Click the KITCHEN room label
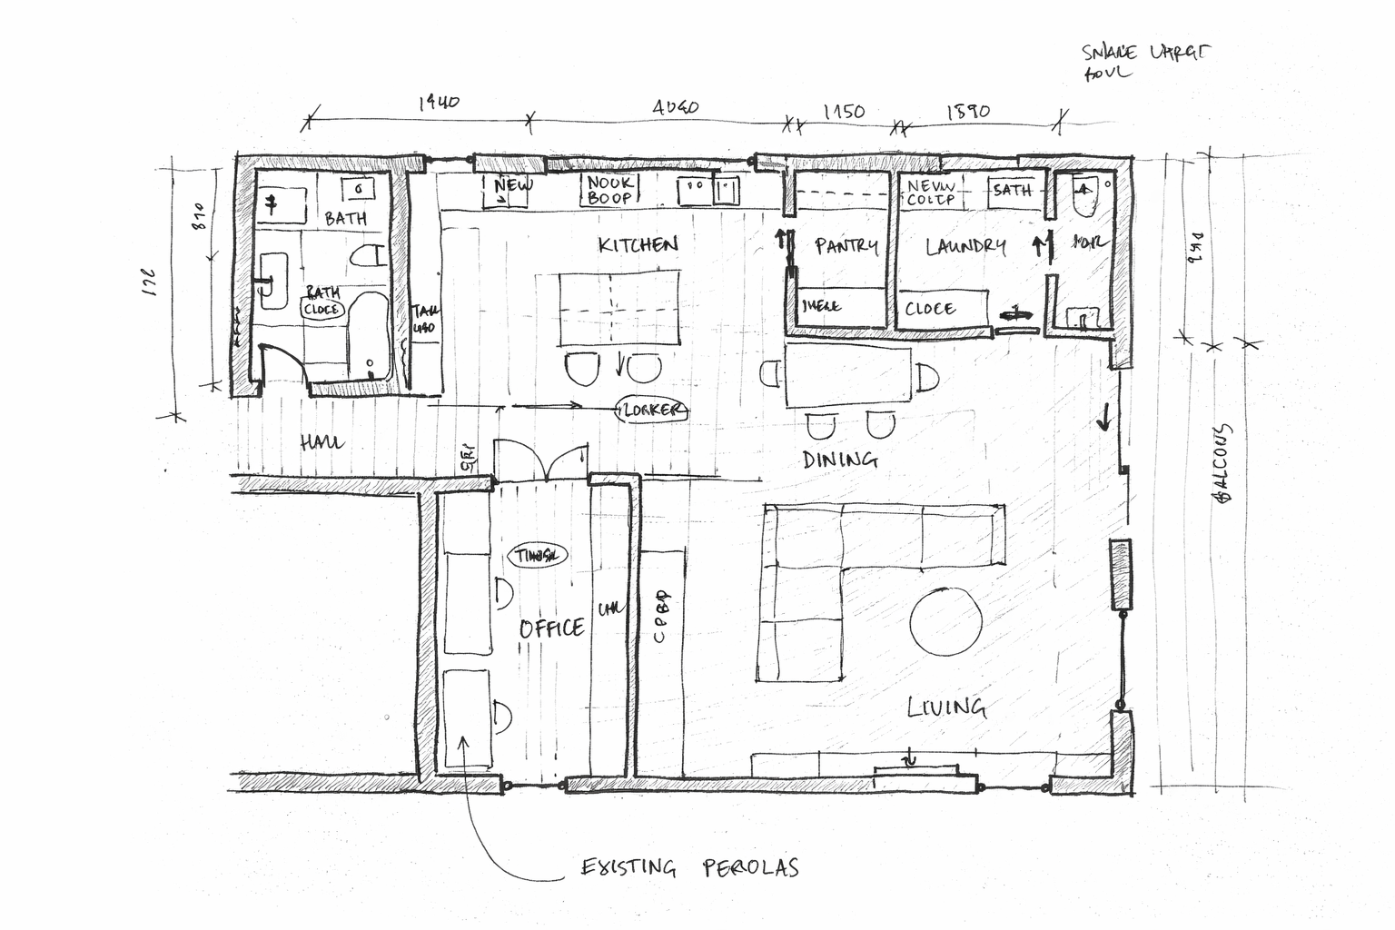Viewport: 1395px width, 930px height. click(638, 244)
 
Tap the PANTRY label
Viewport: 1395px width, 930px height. click(846, 246)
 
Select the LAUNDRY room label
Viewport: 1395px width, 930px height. click(965, 246)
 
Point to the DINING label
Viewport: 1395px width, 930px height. click(840, 460)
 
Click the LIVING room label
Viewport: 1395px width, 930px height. click(947, 707)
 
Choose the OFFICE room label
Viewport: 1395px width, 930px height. click(551, 628)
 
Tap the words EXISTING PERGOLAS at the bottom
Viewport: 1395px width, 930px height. click(690, 868)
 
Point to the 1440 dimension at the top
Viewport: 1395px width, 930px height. click(439, 103)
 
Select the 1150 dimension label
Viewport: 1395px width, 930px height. click(844, 112)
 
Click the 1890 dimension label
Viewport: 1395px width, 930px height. click(968, 112)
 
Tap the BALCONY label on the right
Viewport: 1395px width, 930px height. click(1222, 463)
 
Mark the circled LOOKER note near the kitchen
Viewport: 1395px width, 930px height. click(651, 411)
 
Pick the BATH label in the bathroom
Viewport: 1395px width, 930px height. click(345, 218)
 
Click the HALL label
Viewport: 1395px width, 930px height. click(322, 443)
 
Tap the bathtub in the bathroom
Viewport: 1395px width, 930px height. click(369, 336)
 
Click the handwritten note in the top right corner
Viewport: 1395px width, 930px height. click(1144, 62)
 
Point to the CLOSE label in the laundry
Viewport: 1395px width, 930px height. click(930, 309)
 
